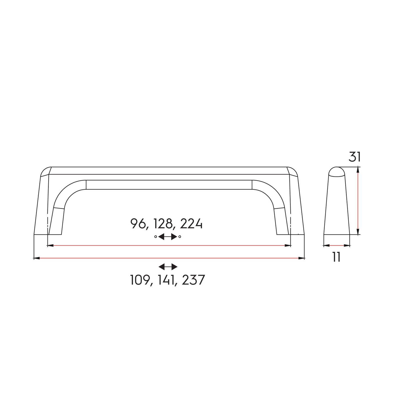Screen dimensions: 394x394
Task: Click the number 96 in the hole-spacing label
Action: pyautogui.click(x=137, y=224)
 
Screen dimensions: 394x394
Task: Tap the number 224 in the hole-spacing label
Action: pyautogui.click(x=191, y=224)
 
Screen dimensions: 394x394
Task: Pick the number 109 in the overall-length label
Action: pyautogui.click(x=140, y=280)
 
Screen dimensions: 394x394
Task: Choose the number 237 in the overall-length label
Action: pyautogui.click(x=193, y=280)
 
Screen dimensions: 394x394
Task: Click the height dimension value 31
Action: pyautogui.click(x=354, y=157)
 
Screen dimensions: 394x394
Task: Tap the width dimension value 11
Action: pyautogui.click(x=336, y=257)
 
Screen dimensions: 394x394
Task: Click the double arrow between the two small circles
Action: pyautogui.click(x=167, y=237)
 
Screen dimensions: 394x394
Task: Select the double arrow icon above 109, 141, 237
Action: pyautogui.click(x=168, y=267)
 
